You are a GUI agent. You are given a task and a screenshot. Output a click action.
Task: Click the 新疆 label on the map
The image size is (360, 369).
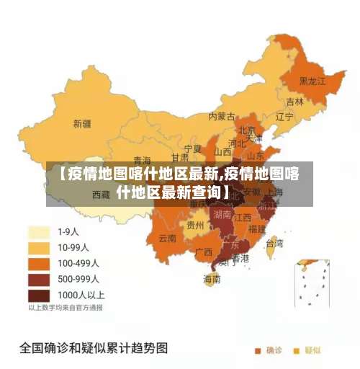[x=81, y=123]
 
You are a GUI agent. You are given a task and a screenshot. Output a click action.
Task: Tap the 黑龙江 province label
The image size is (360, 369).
[x=312, y=81]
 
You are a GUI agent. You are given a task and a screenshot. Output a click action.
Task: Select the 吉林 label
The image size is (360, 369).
[x=294, y=102]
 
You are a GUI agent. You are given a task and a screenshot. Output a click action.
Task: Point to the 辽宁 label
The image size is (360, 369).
[x=284, y=116]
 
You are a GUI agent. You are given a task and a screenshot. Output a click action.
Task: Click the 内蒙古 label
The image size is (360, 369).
[x=222, y=115]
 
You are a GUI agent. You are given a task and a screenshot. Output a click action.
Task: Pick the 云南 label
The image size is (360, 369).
[x=167, y=238]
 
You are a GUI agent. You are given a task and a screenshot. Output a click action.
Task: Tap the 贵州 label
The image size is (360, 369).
[x=194, y=225]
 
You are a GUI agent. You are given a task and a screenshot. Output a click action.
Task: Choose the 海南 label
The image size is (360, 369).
[x=212, y=279]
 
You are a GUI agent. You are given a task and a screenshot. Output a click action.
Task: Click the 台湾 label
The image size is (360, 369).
[x=274, y=243]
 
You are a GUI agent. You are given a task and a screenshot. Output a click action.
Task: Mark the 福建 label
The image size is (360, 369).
[x=256, y=228]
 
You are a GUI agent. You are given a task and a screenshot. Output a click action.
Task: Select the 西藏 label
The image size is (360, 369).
[x=101, y=195]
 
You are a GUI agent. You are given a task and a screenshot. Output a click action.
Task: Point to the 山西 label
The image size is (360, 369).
[x=222, y=152]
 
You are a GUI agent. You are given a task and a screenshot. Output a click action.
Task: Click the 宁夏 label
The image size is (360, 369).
[x=193, y=148]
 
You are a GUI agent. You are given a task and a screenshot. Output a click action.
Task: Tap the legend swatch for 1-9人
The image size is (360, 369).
[x=38, y=232]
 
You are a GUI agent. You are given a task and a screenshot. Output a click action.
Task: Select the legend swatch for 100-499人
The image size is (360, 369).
[x=38, y=264]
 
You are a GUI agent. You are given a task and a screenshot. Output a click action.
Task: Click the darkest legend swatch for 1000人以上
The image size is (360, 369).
[x=38, y=295]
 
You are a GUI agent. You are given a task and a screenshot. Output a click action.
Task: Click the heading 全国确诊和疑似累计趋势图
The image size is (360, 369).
[x=94, y=348]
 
